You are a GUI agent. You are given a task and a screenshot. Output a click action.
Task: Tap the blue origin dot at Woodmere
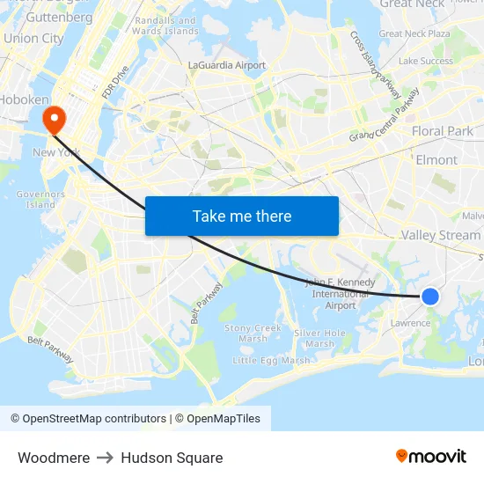pyautogui.click(x=430, y=297)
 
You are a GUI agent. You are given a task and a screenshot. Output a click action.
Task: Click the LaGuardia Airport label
pyautogui.click(x=227, y=65)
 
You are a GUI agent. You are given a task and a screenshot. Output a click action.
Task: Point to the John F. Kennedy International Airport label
pyautogui.click(x=340, y=294)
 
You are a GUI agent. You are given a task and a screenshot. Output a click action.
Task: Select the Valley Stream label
pyautogui.click(x=440, y=235)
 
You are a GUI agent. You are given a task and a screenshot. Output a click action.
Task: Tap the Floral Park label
pyautogui.click(x=443, y=131)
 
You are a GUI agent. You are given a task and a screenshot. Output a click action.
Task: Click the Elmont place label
pyautogui.click(x=436, y=160)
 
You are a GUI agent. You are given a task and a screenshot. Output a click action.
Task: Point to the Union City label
pyautogui.click(x=33, y=39)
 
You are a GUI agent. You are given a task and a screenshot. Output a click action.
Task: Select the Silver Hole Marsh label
pyautogui.click(x=319, y=338)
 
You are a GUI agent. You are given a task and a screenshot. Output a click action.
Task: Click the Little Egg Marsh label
pyautogui.click(x=271, y=360)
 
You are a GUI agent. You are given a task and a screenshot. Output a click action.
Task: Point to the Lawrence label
pyautogui.click(x=411, y=323)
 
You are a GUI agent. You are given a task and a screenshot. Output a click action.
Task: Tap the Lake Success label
pyautogui.click(x=425, y=62)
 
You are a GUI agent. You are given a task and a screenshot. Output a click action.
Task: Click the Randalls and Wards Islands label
pyautogui.click(x=167, y=26)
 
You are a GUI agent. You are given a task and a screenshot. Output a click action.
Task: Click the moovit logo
pyautogui.click(x=431, y=456)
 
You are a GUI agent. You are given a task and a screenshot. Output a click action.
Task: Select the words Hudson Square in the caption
pyautogui.click(x=172, y=458)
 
